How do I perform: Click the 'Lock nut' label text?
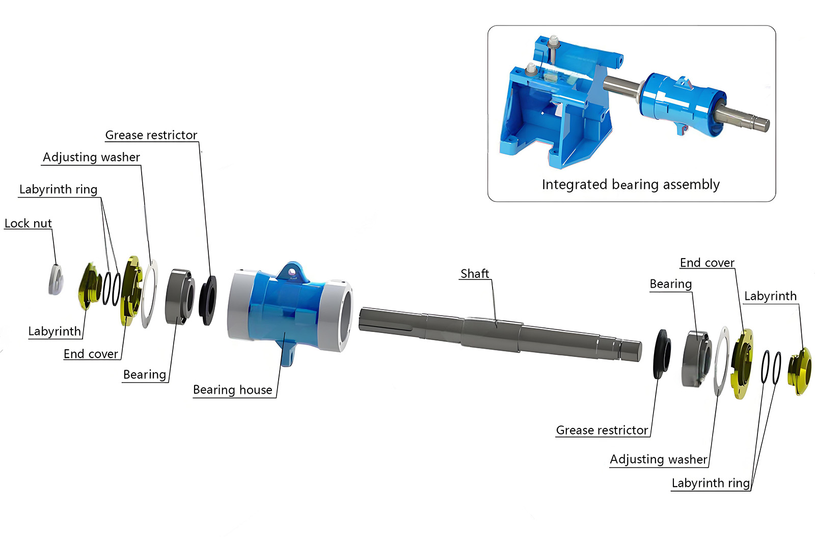pyautogui.click(x=28, y=223)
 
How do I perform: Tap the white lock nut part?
pyautogui.click(x=56, y=280)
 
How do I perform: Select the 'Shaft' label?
pyautogui.click(x=474, y=274)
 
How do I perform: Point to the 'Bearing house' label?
pyautogui.click(x=232, y=390)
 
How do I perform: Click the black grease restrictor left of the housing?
pyautogui.click(x=208, y=300)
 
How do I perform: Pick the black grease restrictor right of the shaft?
pyautogui.click(x=662, y=354)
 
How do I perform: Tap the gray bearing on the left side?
pyautogui.click(x=179, y=296)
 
